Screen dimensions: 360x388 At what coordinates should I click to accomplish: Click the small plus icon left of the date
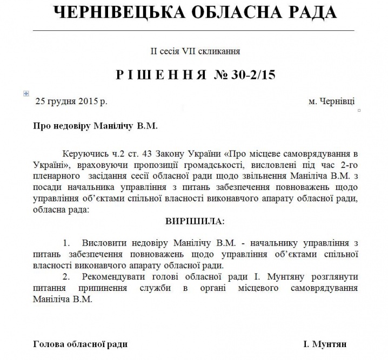(x=25, y=93)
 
